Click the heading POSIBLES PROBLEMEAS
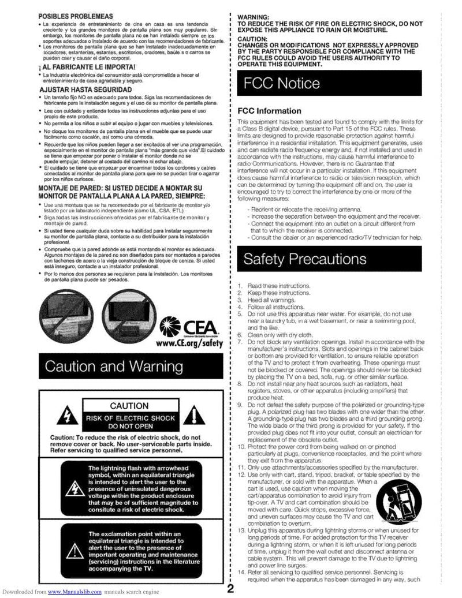point(75,15)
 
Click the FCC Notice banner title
point(282,84)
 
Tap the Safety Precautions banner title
point(305,259)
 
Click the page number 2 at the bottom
point(230,589)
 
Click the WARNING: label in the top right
point(254,16)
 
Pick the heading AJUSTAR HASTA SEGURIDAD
point(85,91)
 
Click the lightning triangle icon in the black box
point(75,488)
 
